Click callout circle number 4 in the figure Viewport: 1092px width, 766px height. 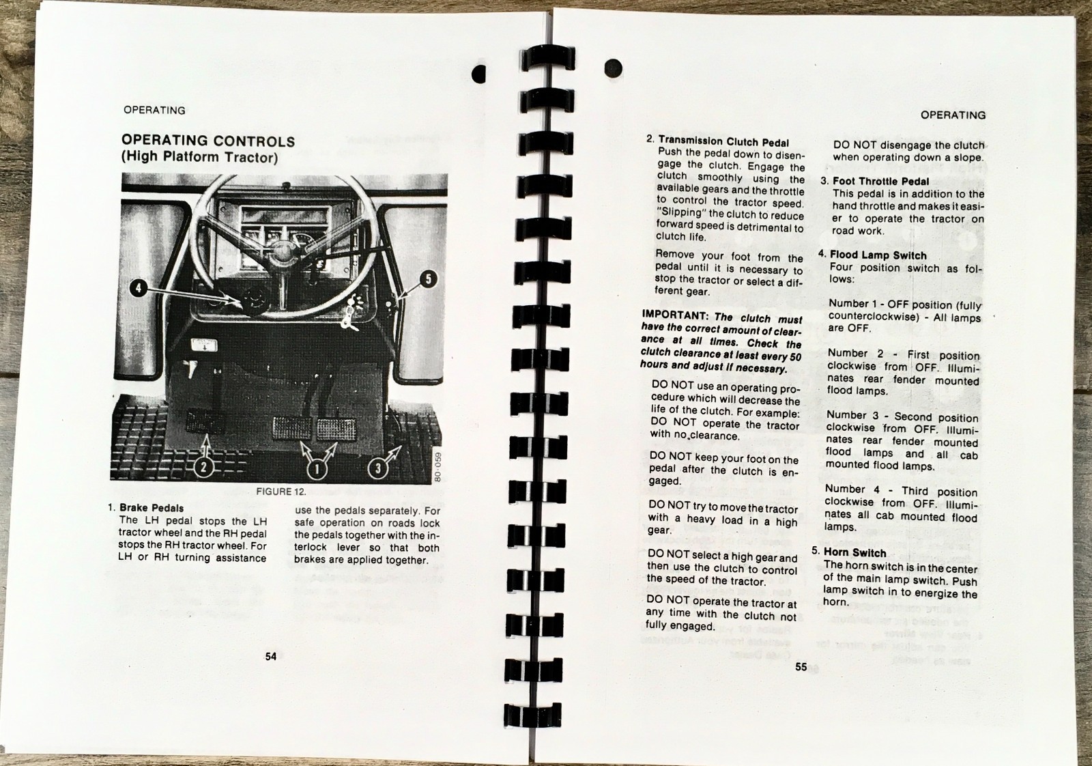(x=139, y=288)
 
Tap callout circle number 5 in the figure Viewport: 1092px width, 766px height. (x=428, y=279)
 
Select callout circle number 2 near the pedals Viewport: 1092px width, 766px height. (x=203, y=468)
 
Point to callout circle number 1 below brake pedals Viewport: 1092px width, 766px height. (x=316, y=470)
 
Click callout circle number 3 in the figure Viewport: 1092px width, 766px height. (x=378, y=468)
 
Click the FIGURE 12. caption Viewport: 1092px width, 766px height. (x=281, y=492)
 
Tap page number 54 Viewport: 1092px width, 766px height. (x=271, y=657)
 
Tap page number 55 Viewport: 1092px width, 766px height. (x=801, y=667)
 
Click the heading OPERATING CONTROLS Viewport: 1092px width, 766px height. (x=208, y=141)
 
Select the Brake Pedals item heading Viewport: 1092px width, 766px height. (x=151, y=508)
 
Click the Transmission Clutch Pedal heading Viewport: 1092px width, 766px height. (x=723, y=142)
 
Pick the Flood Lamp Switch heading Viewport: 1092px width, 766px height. (x=878, y=255)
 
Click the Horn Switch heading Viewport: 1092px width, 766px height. (x=854, y=552)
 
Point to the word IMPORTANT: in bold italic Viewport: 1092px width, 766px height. (x=674, y=315)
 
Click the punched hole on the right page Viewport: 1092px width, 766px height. (x=613, y=68)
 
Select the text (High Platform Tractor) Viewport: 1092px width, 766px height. (x=199, y=158)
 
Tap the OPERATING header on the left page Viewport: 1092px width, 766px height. (x=154, y=110)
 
